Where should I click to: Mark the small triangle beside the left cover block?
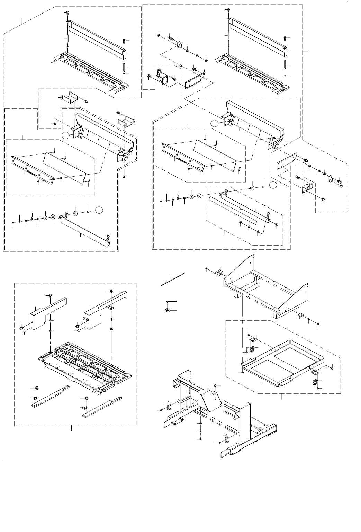coord(25,332)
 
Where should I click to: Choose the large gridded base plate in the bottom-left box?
coord(85,367)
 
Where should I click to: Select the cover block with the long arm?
coord(104,305)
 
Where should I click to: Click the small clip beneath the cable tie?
coord(167,309)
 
